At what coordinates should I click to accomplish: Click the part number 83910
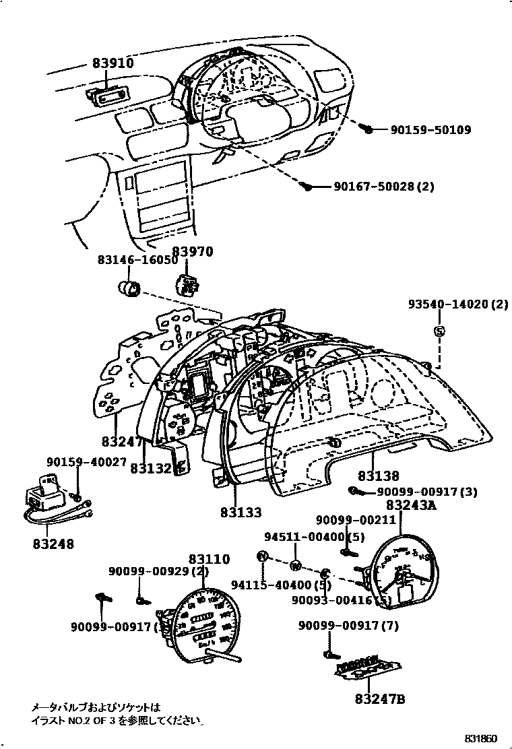113,64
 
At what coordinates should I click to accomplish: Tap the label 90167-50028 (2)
383,187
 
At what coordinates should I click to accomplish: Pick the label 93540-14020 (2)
457,304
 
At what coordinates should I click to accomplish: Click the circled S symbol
439,331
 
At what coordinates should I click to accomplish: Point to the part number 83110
209,559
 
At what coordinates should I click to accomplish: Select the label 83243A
410,505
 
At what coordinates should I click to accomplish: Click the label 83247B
380,698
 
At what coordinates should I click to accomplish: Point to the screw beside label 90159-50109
368,128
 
